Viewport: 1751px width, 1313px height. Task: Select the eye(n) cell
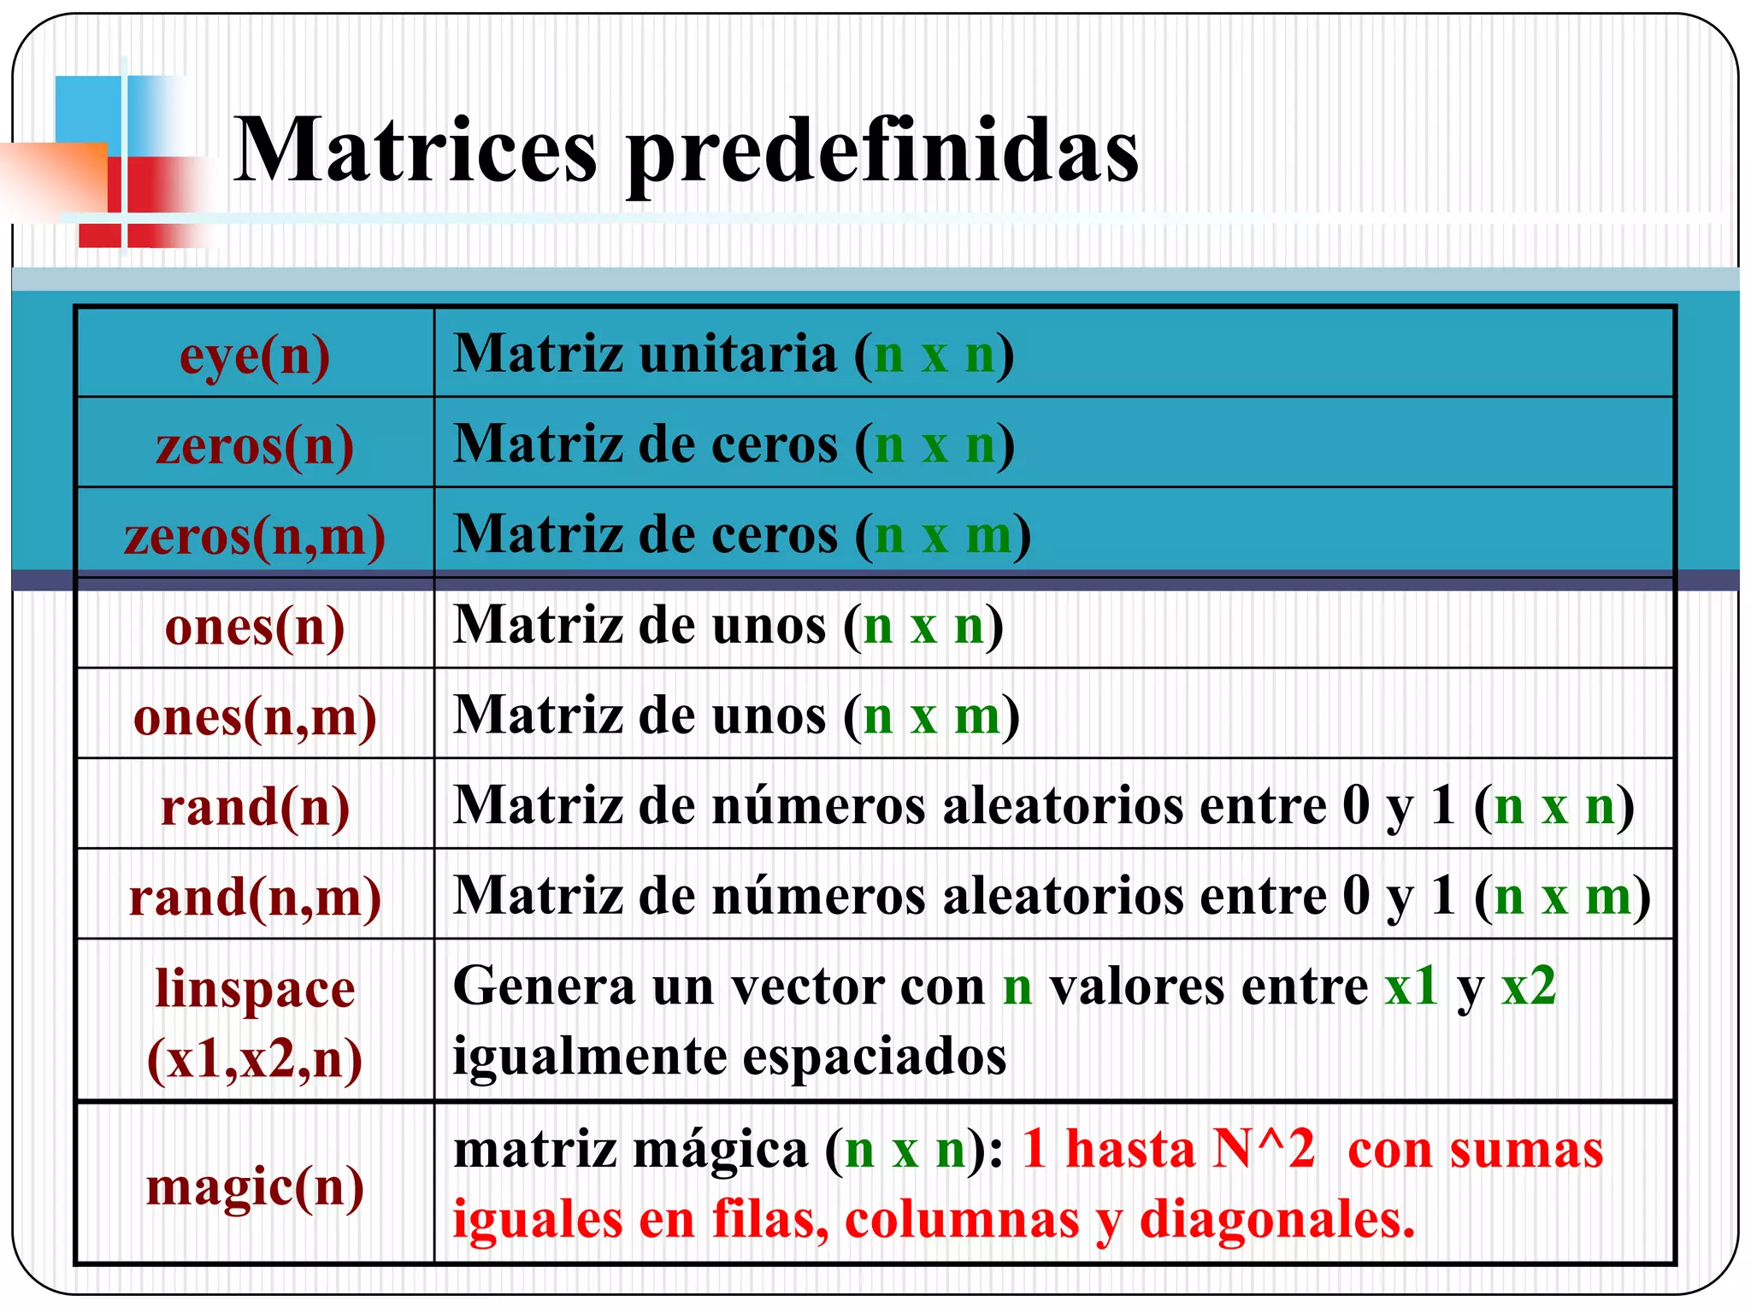(255, 356)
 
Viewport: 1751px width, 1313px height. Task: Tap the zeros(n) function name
(255, 446)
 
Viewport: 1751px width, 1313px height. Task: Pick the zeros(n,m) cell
(255, 537)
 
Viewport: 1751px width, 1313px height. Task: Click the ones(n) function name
(255, 627)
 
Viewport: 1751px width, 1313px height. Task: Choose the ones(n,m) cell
(255, 716)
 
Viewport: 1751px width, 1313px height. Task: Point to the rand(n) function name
(255, 807)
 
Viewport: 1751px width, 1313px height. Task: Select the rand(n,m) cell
(255, 898)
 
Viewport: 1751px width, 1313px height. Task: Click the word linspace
(255, 990)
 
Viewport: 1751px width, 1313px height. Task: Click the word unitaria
(739, 354)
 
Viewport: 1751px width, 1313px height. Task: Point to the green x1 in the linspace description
(1411, 986)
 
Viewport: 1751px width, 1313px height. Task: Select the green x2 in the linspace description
(1529, 986)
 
